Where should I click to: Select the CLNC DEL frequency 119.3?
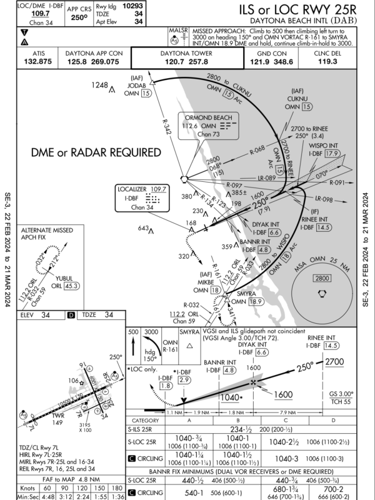(x=330, y=62)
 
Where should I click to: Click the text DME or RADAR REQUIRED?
(x=96, y=152)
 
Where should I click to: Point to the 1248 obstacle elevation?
(x=99, y=84)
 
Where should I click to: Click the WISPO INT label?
(x=323, y=144)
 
